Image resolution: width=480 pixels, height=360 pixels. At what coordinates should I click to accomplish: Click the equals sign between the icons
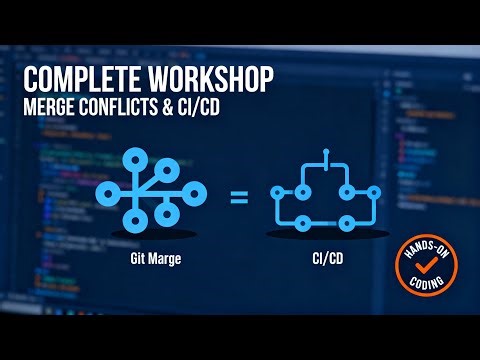point(239,196)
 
